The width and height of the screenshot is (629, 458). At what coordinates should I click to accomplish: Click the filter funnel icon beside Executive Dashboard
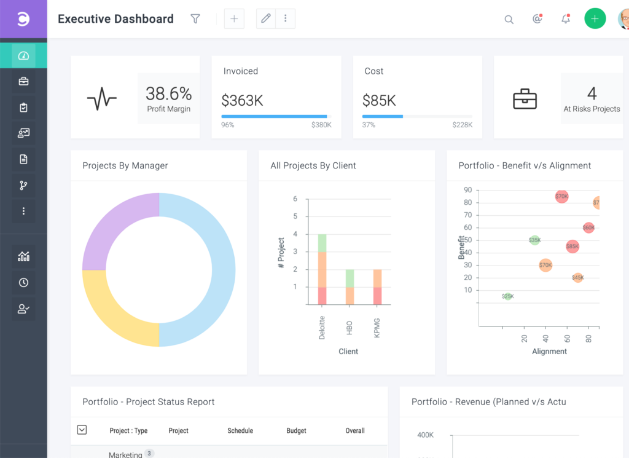click(x=195, y=19)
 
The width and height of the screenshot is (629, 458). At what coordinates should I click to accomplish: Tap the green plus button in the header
click(x=594, y=19)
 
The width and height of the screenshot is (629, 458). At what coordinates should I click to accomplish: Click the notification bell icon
click(x=566, y=19)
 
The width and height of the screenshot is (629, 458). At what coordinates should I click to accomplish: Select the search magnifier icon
click(x=509, y=20)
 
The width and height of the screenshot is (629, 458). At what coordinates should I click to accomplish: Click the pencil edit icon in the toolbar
click(x=266, y=18)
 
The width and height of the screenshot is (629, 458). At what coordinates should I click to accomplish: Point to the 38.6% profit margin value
click(x=168, y=93)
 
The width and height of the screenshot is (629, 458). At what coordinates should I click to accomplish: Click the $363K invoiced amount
click(x=242, y=100)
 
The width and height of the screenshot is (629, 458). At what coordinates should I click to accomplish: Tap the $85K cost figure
click(x=379, y=100)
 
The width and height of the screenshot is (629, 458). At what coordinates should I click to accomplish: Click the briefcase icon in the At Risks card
click(x=525, y=99)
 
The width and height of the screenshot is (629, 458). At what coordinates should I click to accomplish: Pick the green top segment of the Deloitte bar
click(x=322, y=243)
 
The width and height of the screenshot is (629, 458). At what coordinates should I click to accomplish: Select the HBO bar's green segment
click(x=350, y=278)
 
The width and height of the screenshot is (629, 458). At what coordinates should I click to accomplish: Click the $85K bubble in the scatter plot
click(x=572, y=247)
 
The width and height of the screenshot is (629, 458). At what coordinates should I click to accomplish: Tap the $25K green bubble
click(x=507, y=296)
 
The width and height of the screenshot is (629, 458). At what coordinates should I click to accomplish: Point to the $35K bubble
click(x=534, y=240)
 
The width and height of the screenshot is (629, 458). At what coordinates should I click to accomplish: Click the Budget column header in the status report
click(x=296, y=431)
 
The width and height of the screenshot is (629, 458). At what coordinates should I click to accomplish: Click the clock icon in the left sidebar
click(x=23, y=283)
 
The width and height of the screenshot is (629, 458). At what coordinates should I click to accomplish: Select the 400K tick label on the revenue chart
click(x=426, y=435)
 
